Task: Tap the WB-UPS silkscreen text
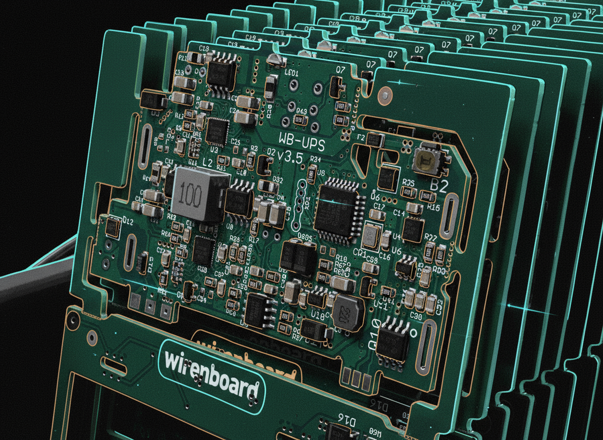[301, 140]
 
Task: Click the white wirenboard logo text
[211, 377]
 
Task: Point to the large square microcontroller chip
[337, 204]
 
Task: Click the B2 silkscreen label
[438, 186]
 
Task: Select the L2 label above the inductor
[207, 162]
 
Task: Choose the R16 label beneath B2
[433, 208]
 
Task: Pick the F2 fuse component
[375, 139]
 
